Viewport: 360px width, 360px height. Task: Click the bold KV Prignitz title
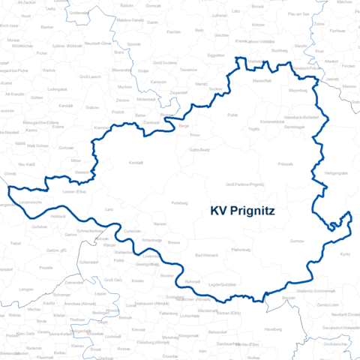point(242,211)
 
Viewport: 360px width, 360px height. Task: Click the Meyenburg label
point(298,91)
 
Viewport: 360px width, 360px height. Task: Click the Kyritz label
point(345,255)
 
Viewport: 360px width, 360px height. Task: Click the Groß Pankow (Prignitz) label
point(244,184)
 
